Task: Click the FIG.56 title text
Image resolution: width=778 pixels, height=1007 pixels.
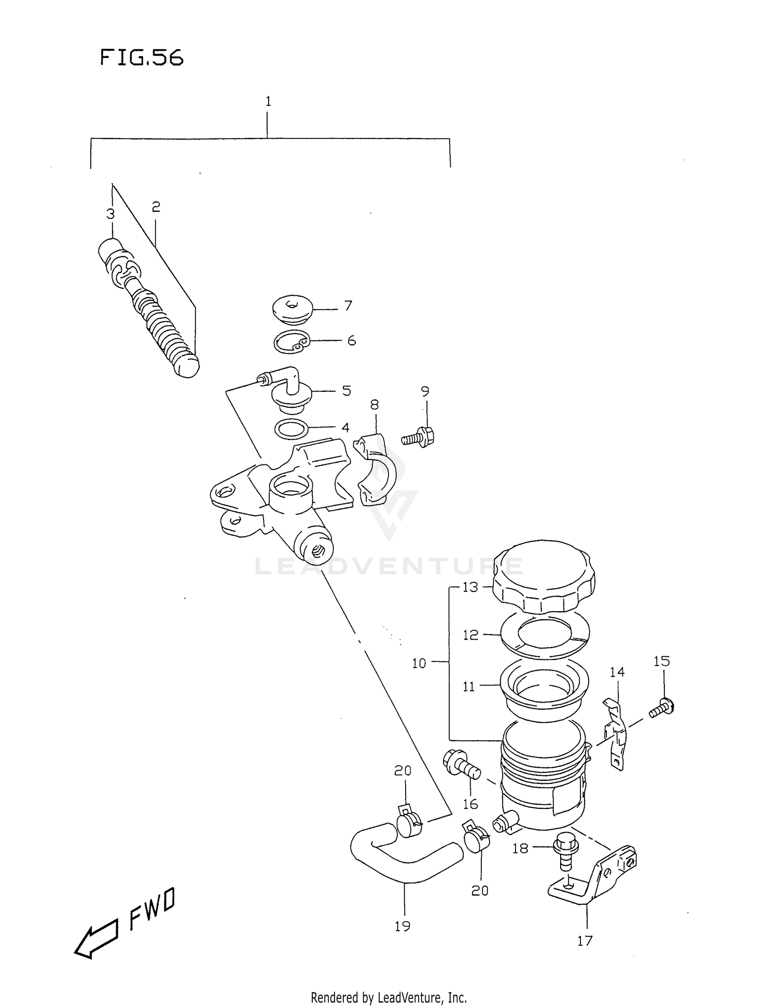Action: pyautogui.click(x=141, y=57)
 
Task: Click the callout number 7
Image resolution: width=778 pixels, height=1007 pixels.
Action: pyautogui.click(x=348, y=306)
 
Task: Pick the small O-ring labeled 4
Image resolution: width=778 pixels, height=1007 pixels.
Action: pyautogui.click(x=291, y=429)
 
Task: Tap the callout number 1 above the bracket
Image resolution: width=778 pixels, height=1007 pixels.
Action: pyautogui.click(x=268, y=102)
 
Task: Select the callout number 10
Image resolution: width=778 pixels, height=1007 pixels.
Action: pyautogui.click(x=419, y=663)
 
